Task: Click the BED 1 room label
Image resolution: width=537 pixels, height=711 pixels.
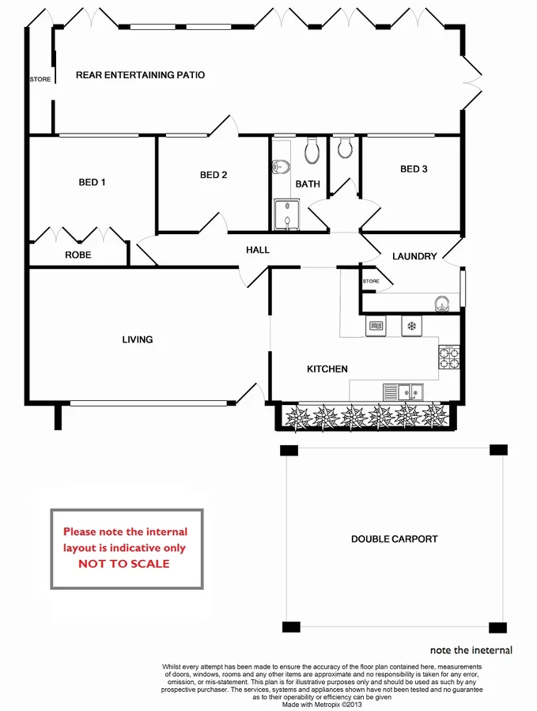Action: pyautogui.click(x=92, y=183)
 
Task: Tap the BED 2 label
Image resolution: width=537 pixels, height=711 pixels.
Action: pyautogui.click(x=214, y=176)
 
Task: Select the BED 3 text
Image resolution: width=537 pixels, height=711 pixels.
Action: pyautogui.click(x=414, y=169)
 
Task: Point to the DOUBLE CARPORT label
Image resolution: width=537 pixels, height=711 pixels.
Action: pyautogui.click(x=395, y=539)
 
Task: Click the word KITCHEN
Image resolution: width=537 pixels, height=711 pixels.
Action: pyautogui.click(x=327, y=369)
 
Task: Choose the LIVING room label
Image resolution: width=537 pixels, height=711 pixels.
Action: pyautogui.click(x=137, y=340)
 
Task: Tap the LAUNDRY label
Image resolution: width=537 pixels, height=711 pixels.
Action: pyautogui.click(x=414, y=256)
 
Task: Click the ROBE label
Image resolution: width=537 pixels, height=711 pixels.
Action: pyautogui.click(x=78, y=255)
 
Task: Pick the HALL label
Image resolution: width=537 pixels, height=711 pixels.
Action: pyautogui.click(x=258, y=250)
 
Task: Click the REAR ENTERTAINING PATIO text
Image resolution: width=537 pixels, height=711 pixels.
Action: pyautogui.click(x=140, y=75)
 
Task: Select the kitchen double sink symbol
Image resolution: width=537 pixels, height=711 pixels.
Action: pyautogui.click(x=403, y=391)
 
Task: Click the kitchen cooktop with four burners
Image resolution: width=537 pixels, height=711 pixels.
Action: pyautogui.click(x=450, y=357)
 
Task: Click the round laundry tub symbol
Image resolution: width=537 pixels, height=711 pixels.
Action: pyautogui.click(x=443, y=302)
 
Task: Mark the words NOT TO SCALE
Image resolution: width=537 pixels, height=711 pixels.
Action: pyautogui.click(x=123, y=564)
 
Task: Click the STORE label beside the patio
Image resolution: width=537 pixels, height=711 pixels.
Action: pyautogui.click(x=40, y=80)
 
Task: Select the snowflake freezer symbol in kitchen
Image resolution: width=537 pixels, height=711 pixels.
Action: pyautogui.click(x=412, y=325)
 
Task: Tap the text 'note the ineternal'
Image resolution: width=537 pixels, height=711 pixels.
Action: pyautogui.click(x=471, y=651)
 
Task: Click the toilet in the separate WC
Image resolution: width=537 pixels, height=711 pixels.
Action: pyautogui.click(x=343, y=147)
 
